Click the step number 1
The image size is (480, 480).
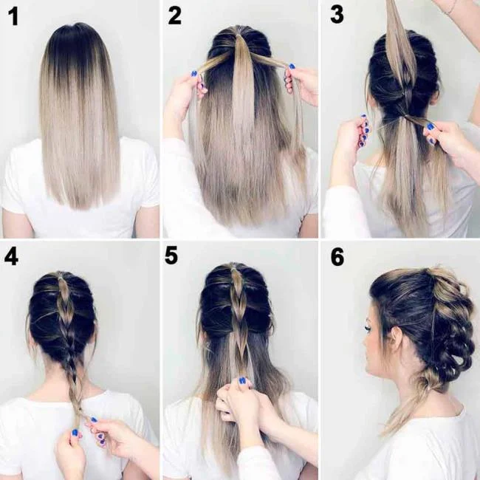[13, 16]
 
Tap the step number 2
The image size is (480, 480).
[174, 15]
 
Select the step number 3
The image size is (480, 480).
[336, 15]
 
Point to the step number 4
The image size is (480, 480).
[12, 256]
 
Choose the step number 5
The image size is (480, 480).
[172, 256]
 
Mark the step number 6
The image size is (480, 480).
[337, 256]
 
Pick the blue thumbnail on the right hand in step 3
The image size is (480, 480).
[429, 126]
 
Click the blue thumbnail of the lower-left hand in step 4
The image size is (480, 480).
[74, 433]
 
